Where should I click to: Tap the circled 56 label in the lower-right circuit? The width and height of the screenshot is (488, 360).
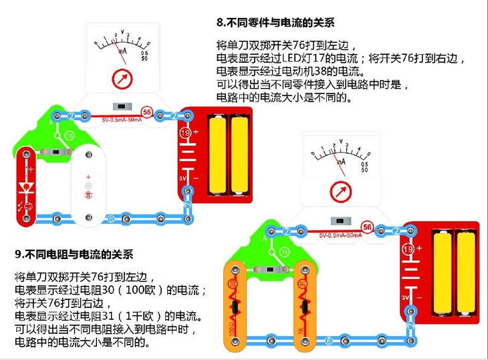[366, 227]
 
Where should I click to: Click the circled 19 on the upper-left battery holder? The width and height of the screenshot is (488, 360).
[185, 134]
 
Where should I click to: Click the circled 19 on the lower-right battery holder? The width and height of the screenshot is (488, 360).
[407, 249]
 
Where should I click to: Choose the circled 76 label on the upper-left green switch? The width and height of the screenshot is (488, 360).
[69, 136]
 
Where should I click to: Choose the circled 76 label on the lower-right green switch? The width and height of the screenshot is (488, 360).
[284, 251]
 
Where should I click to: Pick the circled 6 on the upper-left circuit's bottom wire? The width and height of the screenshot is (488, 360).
[111, 218]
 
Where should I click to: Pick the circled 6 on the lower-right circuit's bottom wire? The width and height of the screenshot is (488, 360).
[328, 341]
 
